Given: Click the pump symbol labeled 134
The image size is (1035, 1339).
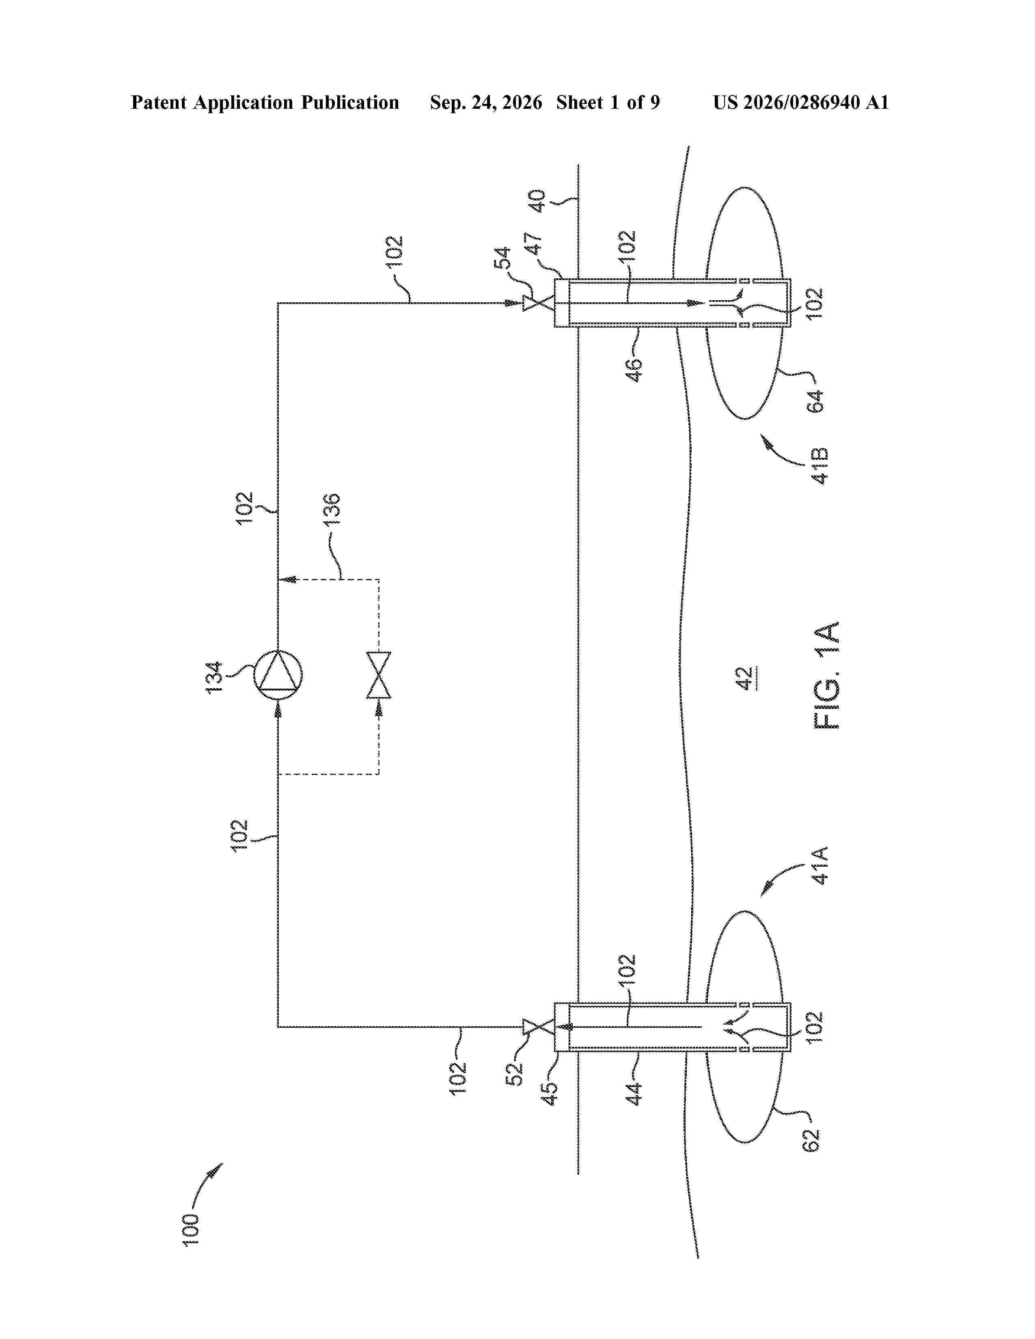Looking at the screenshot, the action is (x=278, y=674).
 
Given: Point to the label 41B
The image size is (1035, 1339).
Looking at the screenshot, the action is (x=820, y=465).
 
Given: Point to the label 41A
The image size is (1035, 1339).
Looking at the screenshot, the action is (x=820, y=865).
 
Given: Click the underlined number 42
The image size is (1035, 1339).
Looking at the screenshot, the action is (x=744, y=679).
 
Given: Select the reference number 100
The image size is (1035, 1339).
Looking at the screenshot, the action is (x=191, y=1229).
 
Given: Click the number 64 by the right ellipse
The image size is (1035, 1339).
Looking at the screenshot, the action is (x=815, y=402).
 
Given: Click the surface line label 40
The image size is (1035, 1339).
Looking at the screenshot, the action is (x=537, y=201).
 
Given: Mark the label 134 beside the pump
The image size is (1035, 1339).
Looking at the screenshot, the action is (x=214, y=678).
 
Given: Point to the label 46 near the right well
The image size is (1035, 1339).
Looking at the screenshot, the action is (x=635, y=371).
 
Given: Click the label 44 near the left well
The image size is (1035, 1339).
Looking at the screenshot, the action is (x=635, y=1094).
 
